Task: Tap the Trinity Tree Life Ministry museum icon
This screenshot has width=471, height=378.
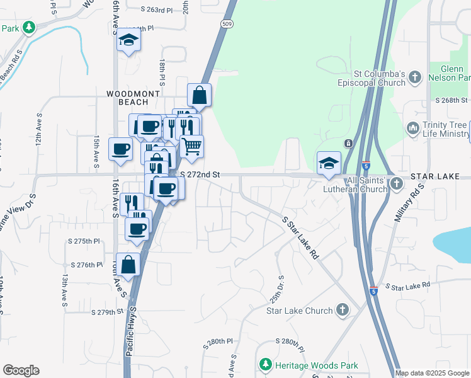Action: [413, 128]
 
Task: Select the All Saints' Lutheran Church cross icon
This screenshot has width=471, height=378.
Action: [396, 183]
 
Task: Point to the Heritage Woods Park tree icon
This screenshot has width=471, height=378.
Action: [266, 365]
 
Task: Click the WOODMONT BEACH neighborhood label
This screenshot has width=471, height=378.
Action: [133, 98]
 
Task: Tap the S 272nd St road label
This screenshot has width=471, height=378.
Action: [198, 174]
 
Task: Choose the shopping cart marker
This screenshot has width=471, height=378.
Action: [193, 146]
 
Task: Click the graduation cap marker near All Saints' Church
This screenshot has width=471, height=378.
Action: [329, 163]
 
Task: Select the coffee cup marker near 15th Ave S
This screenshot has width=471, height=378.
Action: [120, 149]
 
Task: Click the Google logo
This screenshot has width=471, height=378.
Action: [21, 370]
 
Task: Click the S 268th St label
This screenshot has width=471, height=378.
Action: [451, 100]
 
